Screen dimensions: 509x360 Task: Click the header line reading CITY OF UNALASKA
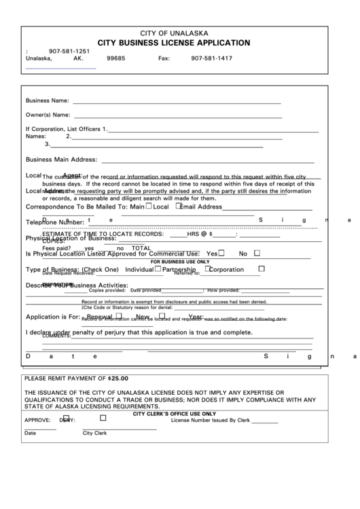179,33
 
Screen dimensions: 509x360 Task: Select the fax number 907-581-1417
211,59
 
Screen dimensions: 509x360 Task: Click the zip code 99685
116,59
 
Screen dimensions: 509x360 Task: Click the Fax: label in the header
164,59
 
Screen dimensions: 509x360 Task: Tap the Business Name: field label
47,101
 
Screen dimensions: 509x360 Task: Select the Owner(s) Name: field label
48,114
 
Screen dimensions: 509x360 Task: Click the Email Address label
201,207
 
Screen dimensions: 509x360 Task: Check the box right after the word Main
149,206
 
